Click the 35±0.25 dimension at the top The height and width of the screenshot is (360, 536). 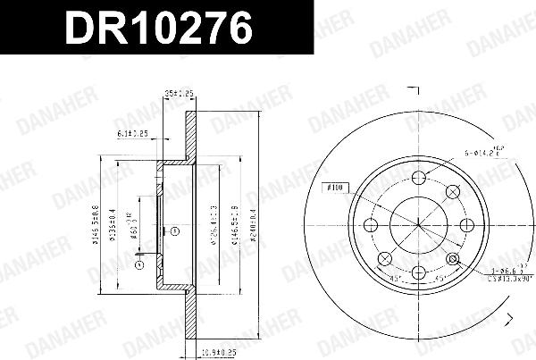click(180, 92)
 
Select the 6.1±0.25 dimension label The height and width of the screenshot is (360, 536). click(131, 134)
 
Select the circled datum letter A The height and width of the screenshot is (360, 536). click(138, 264)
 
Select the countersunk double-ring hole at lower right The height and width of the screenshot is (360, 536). click(453, 259)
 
